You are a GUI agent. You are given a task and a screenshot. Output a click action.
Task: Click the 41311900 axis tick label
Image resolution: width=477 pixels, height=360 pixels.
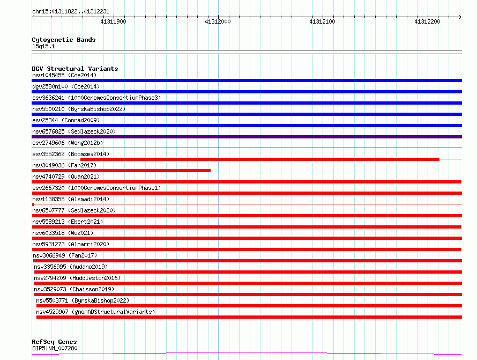pos(113,21)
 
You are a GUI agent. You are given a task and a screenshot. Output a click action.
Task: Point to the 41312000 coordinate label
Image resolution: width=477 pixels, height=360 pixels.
pos(218,21)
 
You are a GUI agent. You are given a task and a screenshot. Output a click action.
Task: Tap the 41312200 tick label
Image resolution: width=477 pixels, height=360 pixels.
pos(427,21)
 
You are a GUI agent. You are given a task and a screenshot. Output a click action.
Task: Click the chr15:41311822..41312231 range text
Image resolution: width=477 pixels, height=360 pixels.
pos(71,12)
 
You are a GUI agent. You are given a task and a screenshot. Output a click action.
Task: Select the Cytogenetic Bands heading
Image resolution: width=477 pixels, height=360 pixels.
pos(64,40)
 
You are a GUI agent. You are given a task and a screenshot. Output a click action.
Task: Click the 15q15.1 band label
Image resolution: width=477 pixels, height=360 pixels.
pos(43,46)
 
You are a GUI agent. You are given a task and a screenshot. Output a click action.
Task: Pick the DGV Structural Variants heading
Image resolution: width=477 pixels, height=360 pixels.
pos(75,69)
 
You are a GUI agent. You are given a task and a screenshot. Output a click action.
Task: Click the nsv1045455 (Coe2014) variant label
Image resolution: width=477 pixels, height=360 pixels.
pos(64,75)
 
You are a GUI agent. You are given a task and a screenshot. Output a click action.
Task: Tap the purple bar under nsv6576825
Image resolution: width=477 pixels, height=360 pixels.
pos(247,137)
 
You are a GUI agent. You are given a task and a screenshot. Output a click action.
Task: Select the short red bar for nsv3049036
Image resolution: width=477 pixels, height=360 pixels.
pos(121,171)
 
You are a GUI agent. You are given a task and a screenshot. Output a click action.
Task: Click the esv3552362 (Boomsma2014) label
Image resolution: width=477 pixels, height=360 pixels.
pos(71,154)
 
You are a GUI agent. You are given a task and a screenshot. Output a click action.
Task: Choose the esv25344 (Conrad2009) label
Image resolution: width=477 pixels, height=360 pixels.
pos(66,120)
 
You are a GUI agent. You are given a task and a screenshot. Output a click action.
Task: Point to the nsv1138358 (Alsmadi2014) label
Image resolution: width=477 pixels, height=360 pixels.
pos(71,199)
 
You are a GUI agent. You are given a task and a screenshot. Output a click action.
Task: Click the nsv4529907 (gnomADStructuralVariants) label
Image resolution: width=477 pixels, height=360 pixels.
pos(95,312)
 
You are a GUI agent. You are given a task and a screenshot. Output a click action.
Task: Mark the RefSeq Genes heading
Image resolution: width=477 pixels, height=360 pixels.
pos(54,342)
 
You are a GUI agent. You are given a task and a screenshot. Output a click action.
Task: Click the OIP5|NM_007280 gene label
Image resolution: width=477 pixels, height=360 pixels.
pos(55,348)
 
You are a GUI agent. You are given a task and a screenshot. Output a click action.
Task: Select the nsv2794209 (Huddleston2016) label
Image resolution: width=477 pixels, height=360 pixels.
pos(77,278)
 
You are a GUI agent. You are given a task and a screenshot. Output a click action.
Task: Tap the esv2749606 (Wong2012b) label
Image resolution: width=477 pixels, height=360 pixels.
pos(68,143)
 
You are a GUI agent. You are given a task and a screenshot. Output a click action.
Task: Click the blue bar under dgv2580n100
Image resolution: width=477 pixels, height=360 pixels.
pos(247,92)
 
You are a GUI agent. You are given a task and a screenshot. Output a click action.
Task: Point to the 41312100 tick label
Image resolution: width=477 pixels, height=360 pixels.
pos(323,21)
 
